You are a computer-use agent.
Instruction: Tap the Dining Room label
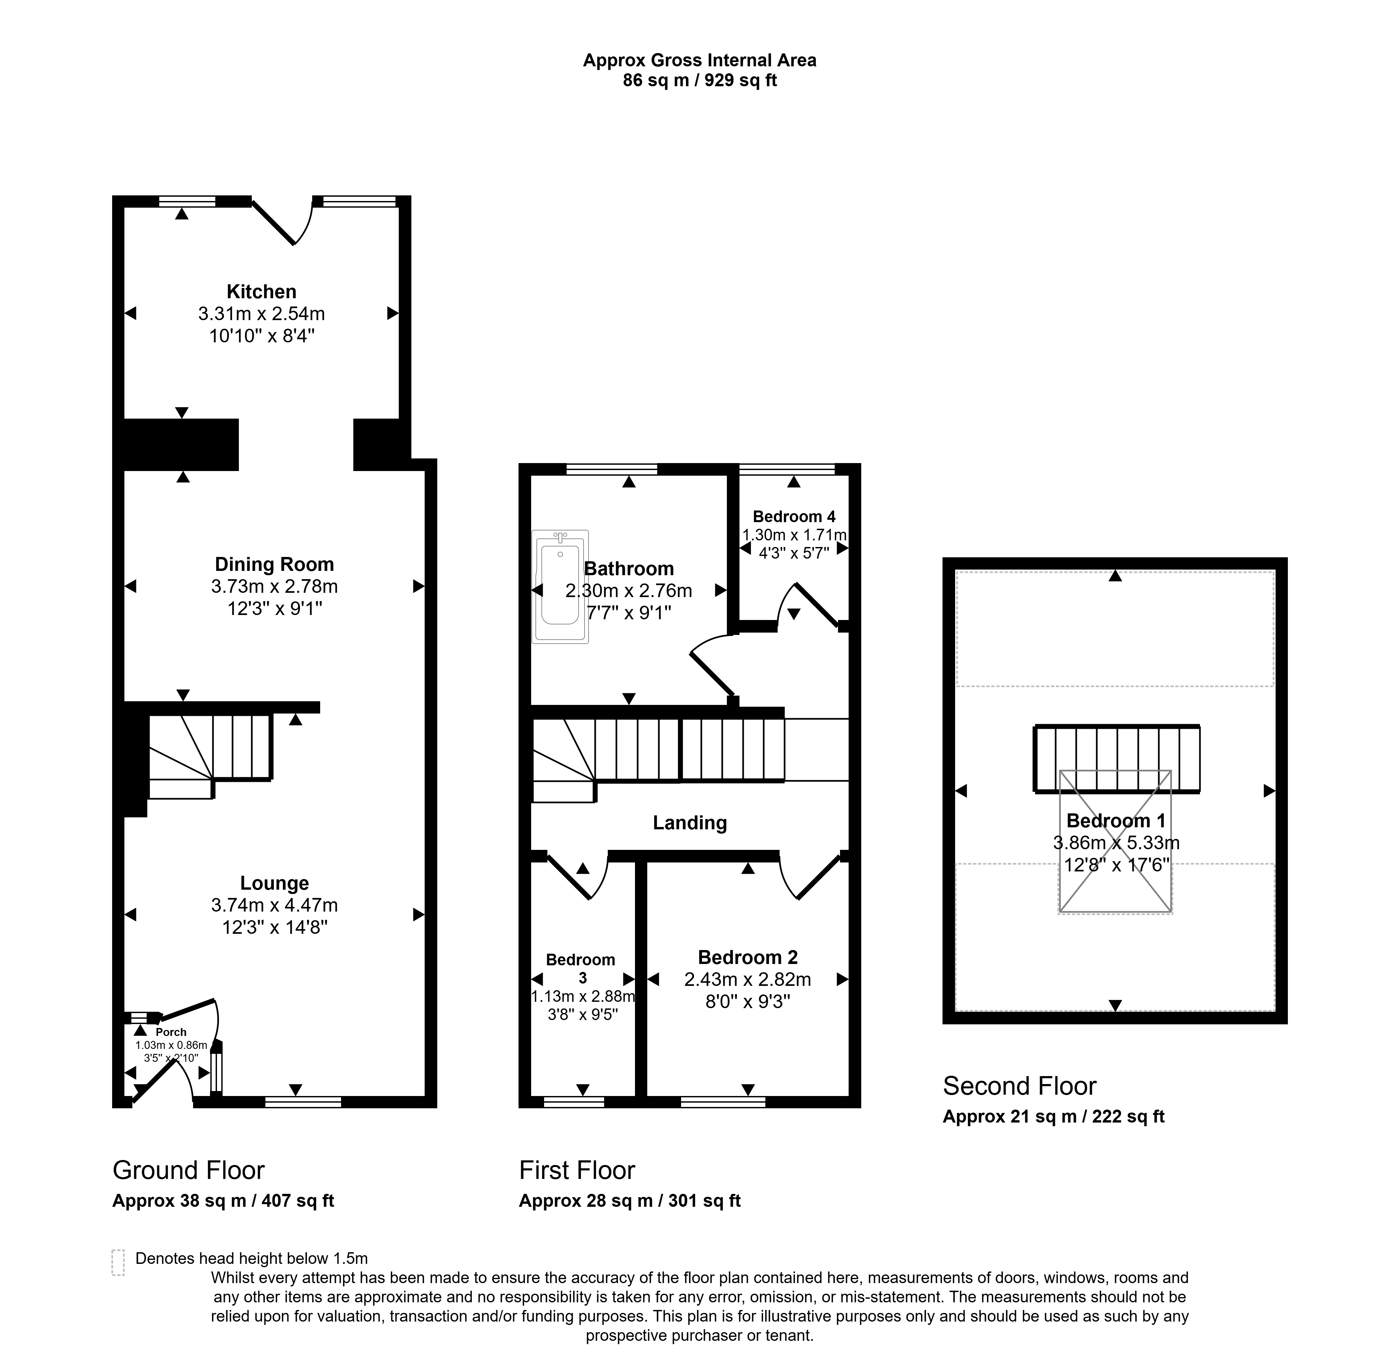[x=274, y=564]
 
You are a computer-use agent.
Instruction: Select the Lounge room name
[x=274, y=883]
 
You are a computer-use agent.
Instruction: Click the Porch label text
[x=171, y=1032]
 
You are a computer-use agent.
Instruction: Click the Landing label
[x=689, y=822]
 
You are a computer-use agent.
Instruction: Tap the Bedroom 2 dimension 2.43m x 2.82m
[x=747, y=979]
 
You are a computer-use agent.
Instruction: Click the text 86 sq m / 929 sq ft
[x=699, y=80]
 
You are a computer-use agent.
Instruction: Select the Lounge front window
[x=303, y=1101]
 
